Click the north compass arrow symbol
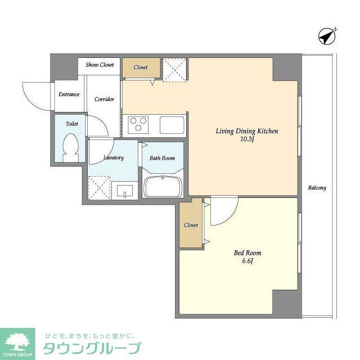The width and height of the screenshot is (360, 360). [x=327, y=35]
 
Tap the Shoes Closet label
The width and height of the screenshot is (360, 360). [x=100, y=65]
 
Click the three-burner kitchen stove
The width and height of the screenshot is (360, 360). [x=138, y=124]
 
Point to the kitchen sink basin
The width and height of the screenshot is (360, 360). [x=172, y=124]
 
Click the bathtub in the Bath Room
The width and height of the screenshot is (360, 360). [x=162, y=186]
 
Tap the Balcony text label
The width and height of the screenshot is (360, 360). [x=317, y=188]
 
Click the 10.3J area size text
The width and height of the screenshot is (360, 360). [x=247, y=139]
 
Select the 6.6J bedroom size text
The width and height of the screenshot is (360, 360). [x=247, y=262]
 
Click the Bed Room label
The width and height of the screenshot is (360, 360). [x=247, y=253]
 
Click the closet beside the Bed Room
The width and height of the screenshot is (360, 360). [x=191, y=225]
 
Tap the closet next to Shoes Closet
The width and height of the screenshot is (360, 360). [x=141, y=67]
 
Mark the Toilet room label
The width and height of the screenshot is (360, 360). [x=71, y=123]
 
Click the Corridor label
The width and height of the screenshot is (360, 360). [x=104, y=99]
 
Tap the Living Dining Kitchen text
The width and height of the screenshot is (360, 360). [x=247, y=131]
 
